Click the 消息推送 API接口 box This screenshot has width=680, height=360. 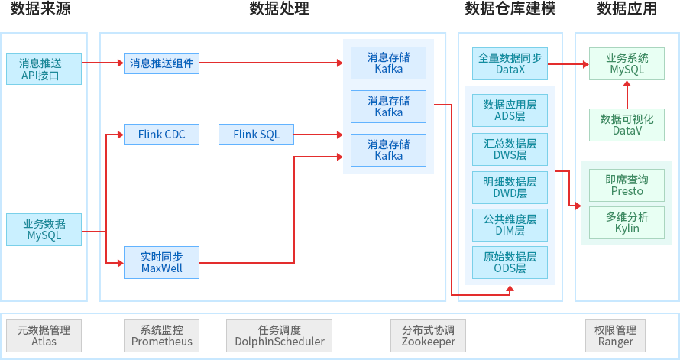(44, 69)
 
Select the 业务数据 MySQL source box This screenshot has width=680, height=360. (44, 229)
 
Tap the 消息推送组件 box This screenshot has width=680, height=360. (161, 63)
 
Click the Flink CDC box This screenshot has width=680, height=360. (161, 135)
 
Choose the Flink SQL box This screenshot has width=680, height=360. (255, 135)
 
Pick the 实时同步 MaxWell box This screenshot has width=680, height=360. (161, 262)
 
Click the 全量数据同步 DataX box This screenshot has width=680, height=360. (510, 63)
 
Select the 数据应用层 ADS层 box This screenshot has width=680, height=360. (510, 111)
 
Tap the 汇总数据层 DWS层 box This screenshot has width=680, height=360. (510, 149)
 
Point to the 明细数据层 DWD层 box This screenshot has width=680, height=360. (510, 188)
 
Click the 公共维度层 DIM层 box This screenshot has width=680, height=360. (510, 225)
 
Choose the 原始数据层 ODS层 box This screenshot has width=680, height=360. (510, 262)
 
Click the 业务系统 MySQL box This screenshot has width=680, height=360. (627, 63)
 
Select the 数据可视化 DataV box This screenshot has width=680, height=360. (627, 125)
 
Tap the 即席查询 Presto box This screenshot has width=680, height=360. (627, 185)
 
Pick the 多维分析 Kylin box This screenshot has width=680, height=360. (627, 222)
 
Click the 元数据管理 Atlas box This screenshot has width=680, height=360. (44, 336)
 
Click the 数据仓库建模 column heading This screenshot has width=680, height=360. (510, 9)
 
